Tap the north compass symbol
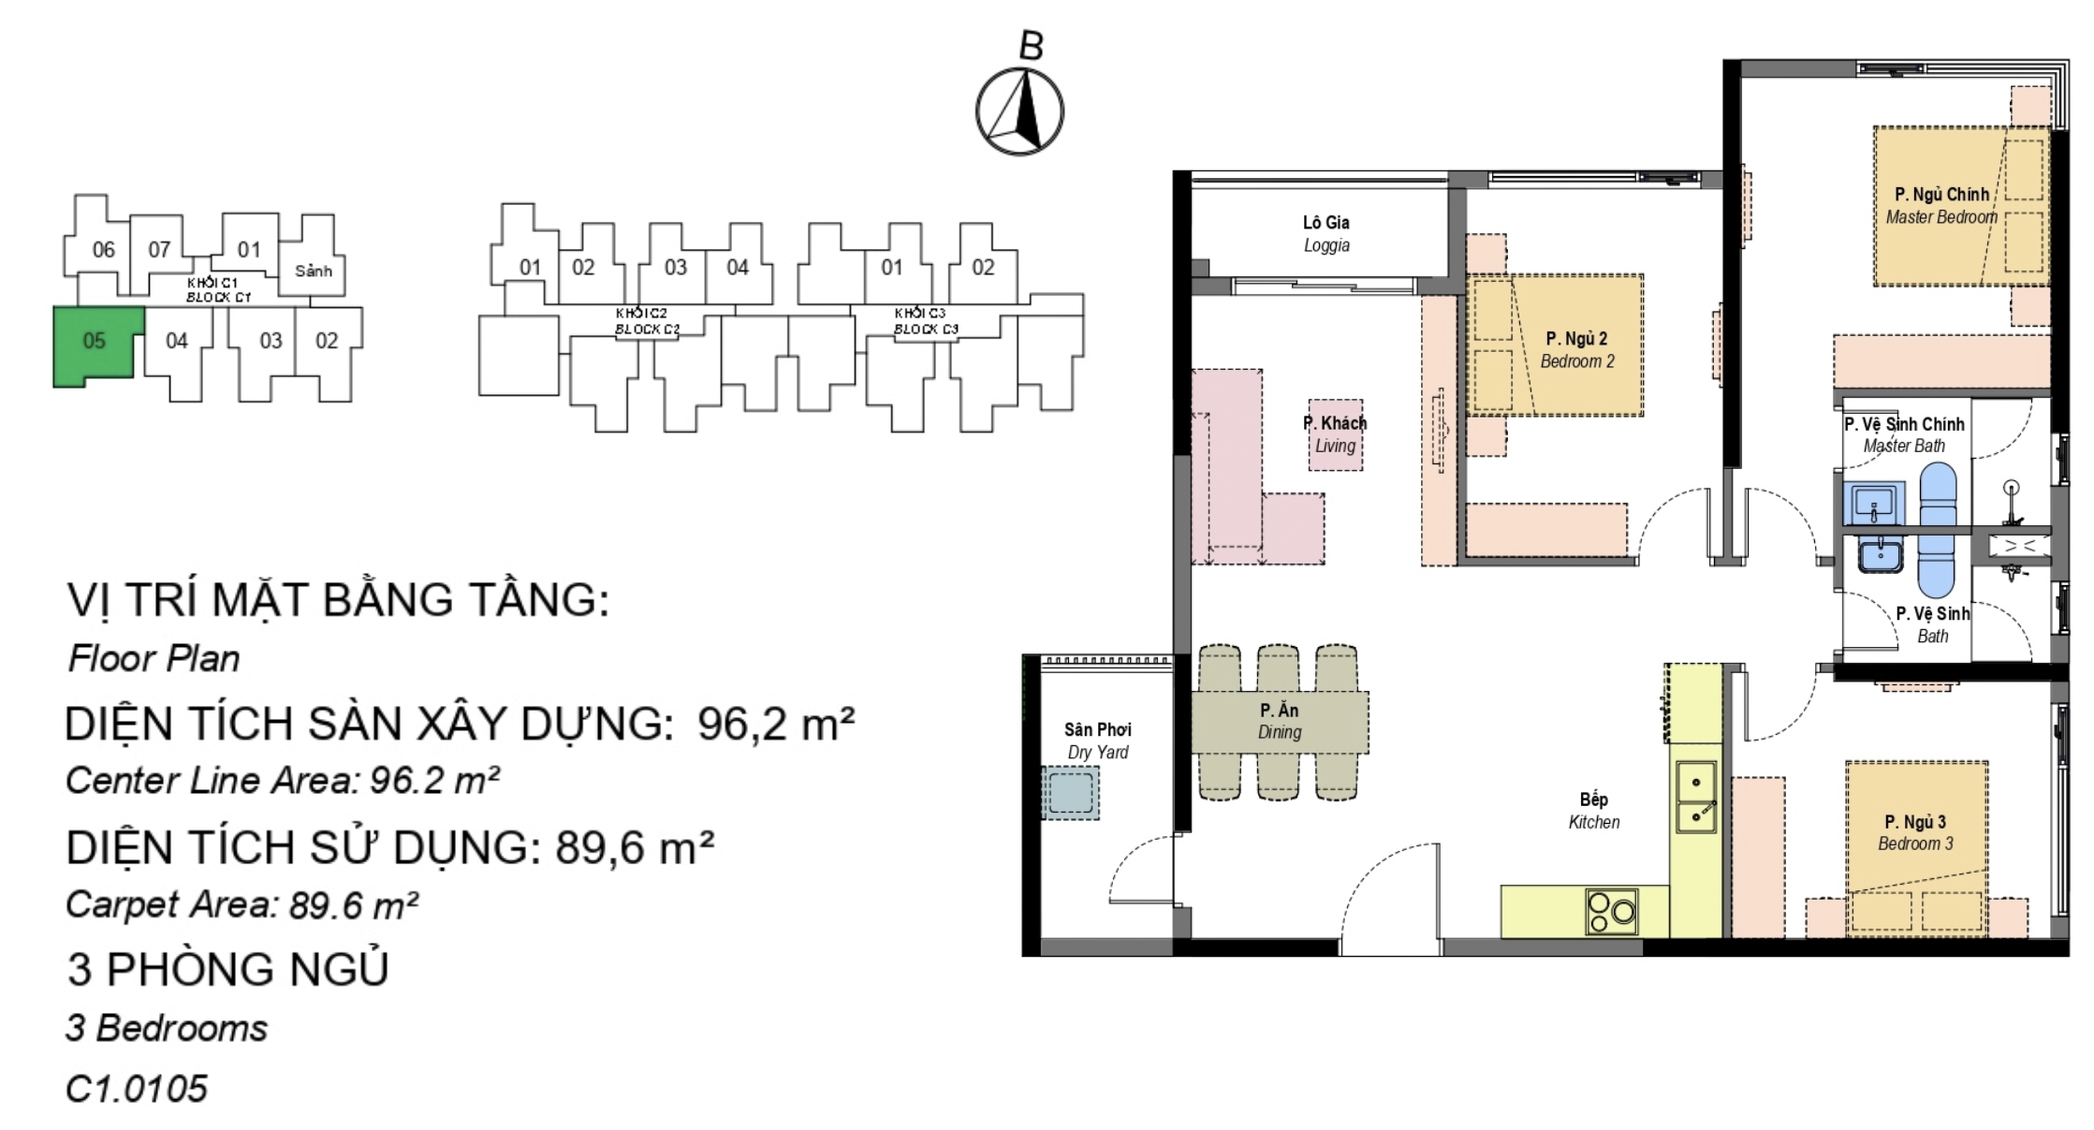tap(1019, 111)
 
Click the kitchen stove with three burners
tap(1612, 911)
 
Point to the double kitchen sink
tap(1695, 797)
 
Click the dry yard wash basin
tap(1070, 792)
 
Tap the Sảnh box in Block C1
tap(313, 271)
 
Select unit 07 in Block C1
tap(159, 250)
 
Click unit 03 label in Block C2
tap(675, 268)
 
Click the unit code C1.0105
tap(137, 1089)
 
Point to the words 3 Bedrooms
tap(167, 1028)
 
